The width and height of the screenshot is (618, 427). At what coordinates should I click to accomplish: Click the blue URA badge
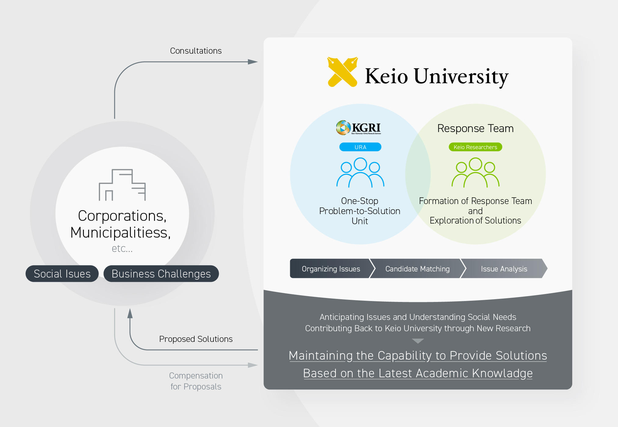360,147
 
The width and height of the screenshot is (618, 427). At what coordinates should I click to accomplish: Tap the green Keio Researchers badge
475,147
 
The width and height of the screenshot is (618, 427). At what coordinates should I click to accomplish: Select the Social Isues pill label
62,274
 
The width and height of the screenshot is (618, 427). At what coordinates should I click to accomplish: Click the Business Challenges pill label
161,274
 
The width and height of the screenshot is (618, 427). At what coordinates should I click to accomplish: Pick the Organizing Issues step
331,269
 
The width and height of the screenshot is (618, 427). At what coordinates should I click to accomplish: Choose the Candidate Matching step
417,269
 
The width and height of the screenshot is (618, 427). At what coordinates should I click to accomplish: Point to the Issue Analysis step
504,269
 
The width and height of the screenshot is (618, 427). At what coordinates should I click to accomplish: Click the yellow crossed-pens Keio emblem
342,72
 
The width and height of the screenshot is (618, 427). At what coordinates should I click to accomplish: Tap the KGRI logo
359,127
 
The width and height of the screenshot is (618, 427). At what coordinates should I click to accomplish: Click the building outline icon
122,185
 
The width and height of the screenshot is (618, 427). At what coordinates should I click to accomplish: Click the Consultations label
196,51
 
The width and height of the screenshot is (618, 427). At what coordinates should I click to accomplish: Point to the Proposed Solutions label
196,339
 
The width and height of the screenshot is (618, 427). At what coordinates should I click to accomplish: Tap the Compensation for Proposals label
196,381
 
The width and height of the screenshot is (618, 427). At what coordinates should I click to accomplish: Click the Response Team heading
475,128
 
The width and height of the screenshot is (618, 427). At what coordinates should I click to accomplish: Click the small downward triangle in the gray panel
418,341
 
